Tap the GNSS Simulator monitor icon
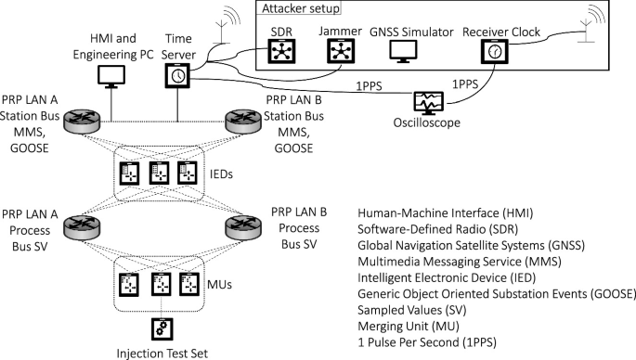coord(402,52)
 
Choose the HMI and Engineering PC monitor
coord(112,75)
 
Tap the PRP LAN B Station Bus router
coord(242,121)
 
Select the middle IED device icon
coord(159,173)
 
